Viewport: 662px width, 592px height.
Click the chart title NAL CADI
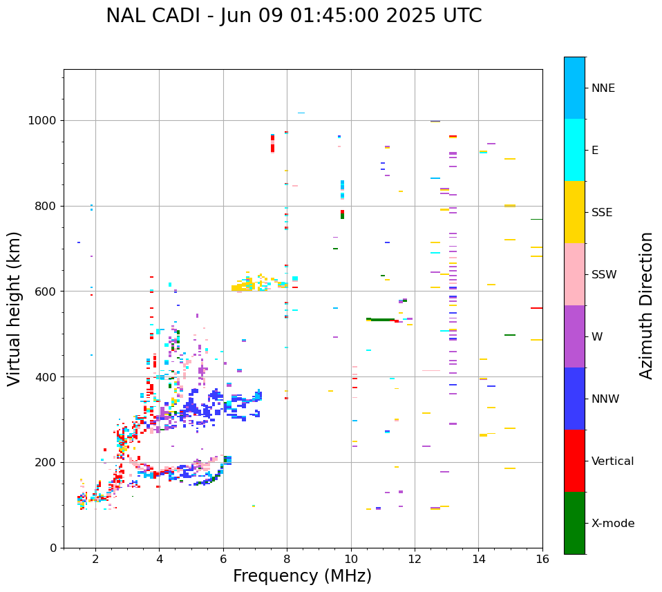294,16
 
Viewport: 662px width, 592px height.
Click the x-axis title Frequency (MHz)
302,576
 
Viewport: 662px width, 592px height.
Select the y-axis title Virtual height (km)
15,309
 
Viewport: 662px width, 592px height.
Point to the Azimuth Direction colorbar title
646,305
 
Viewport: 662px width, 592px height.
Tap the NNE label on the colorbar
603,88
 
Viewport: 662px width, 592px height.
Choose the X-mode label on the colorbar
612,524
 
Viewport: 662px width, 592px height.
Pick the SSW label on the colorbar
604,275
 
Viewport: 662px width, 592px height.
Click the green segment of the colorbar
574,523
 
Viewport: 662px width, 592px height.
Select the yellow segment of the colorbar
574,212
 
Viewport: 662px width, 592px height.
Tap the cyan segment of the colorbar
574,150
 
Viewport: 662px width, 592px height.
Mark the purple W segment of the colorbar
574,336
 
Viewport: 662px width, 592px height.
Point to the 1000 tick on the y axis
44,121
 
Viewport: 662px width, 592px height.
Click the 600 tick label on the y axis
47,292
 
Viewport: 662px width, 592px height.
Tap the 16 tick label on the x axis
542,560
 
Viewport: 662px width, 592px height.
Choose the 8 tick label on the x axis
287,560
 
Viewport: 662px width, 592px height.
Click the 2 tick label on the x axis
95,560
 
